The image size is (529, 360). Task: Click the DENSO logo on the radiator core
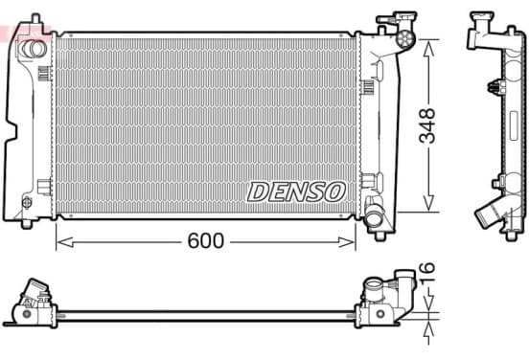(x=296, y=192)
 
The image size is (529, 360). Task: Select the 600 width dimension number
(x=205, y=240)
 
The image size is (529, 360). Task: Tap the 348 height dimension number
(x=426, y=125)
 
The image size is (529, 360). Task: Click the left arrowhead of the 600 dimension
(x=65, y=242)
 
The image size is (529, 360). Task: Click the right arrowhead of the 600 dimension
(x=347, y=242)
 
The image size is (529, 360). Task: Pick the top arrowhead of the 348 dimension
(x=428, y=48)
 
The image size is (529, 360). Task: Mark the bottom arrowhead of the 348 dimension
(x=428, y=204)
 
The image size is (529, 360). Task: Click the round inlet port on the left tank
(x=33, y=49)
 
